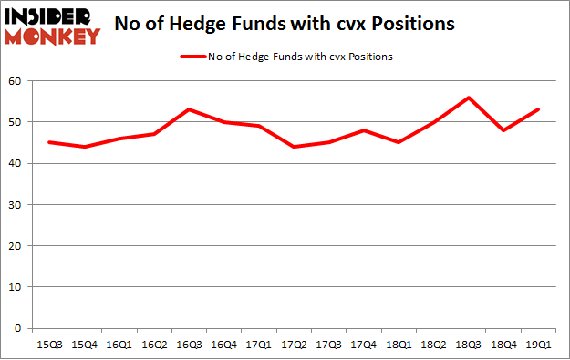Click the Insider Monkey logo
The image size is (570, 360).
pos(52,26)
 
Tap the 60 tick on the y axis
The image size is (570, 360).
pos(16,81)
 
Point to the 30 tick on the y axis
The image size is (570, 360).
pos(16,205)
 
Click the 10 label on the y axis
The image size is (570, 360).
pos(16,287)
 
